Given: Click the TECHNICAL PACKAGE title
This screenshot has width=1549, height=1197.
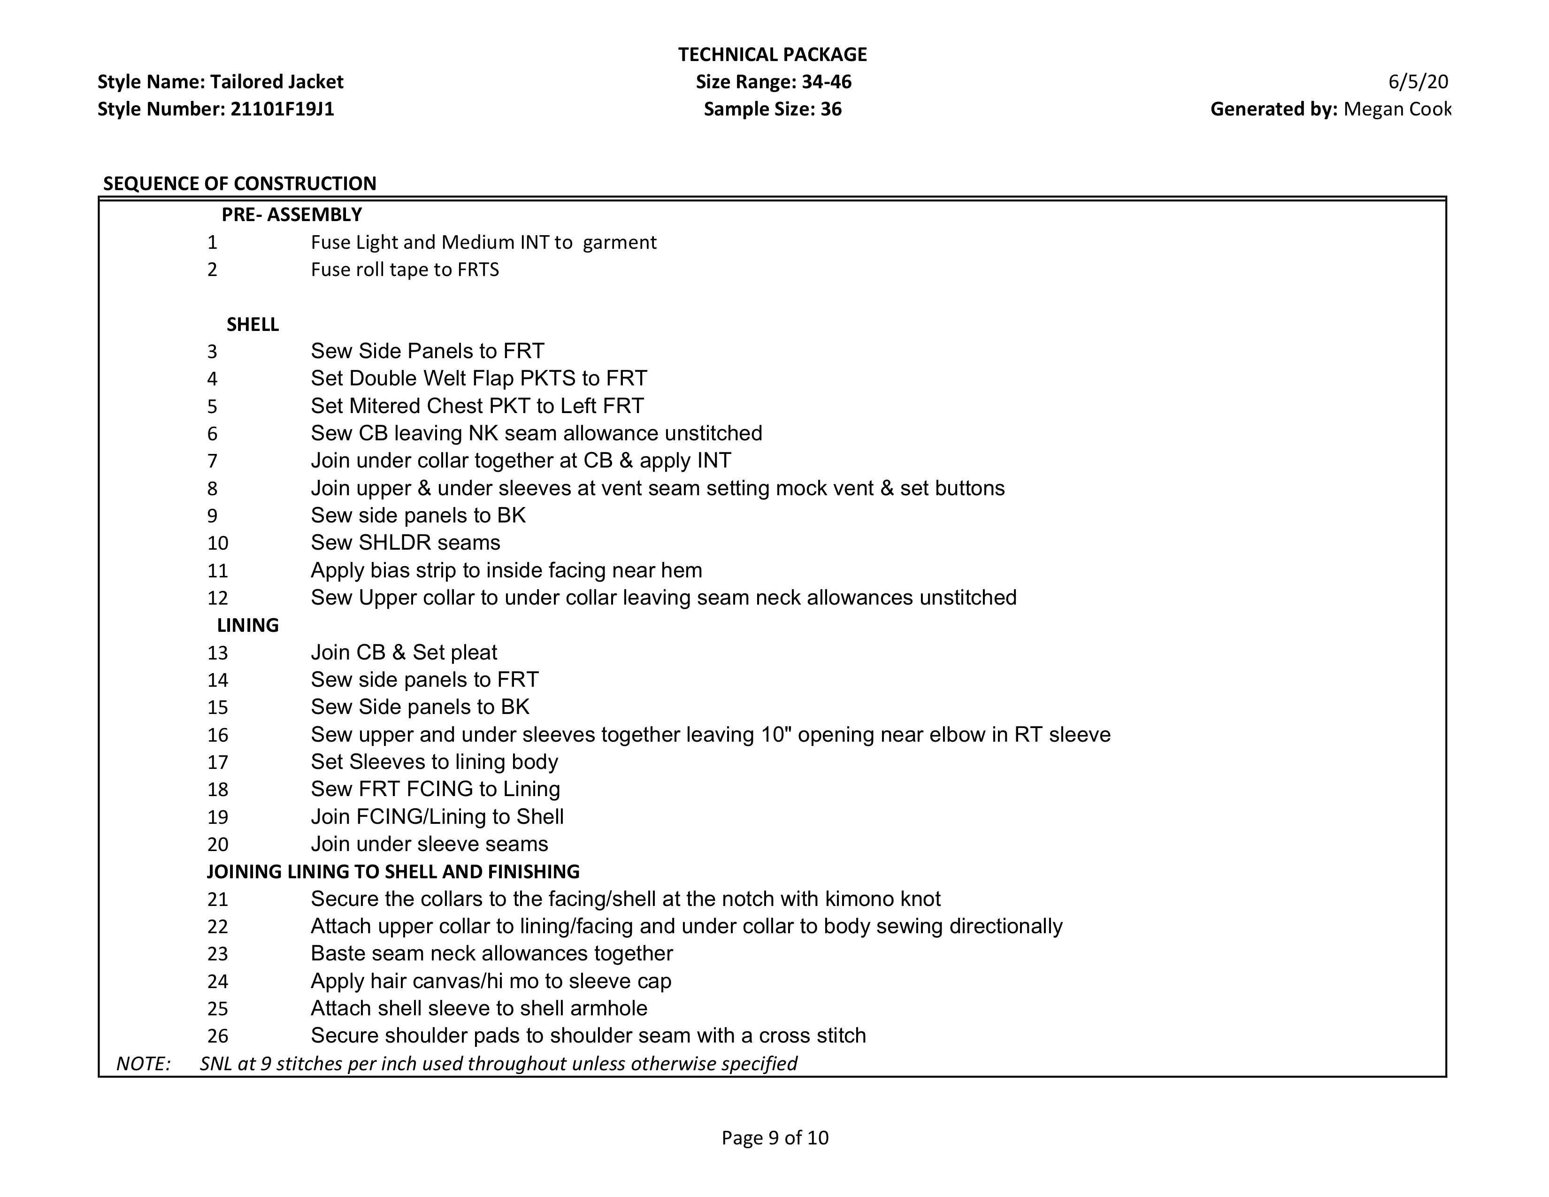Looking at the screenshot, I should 772,54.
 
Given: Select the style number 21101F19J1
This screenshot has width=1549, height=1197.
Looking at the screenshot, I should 282,109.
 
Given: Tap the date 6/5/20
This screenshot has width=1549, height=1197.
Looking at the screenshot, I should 1418,82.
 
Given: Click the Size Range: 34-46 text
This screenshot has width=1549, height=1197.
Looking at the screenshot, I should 773,82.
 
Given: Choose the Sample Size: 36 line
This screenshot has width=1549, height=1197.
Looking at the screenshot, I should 772,109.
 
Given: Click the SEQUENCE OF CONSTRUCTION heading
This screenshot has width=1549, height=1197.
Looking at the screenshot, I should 240,184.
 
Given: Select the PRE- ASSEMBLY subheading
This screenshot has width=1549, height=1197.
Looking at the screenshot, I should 291,214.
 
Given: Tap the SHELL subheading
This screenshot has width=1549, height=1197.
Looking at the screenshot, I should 253,325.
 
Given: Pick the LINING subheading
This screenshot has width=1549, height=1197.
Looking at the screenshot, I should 247,625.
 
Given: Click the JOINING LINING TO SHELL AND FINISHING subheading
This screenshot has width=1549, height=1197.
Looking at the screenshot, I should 393,872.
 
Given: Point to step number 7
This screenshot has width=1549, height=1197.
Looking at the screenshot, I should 212,461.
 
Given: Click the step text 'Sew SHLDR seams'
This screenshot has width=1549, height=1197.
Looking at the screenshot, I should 405,543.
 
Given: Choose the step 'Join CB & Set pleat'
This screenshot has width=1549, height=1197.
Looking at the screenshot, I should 404,652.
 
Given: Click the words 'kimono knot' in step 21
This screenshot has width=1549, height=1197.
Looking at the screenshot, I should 882,899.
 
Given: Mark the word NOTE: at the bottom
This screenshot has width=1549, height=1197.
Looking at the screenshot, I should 143,1064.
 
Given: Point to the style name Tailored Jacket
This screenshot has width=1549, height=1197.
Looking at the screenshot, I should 276,82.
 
